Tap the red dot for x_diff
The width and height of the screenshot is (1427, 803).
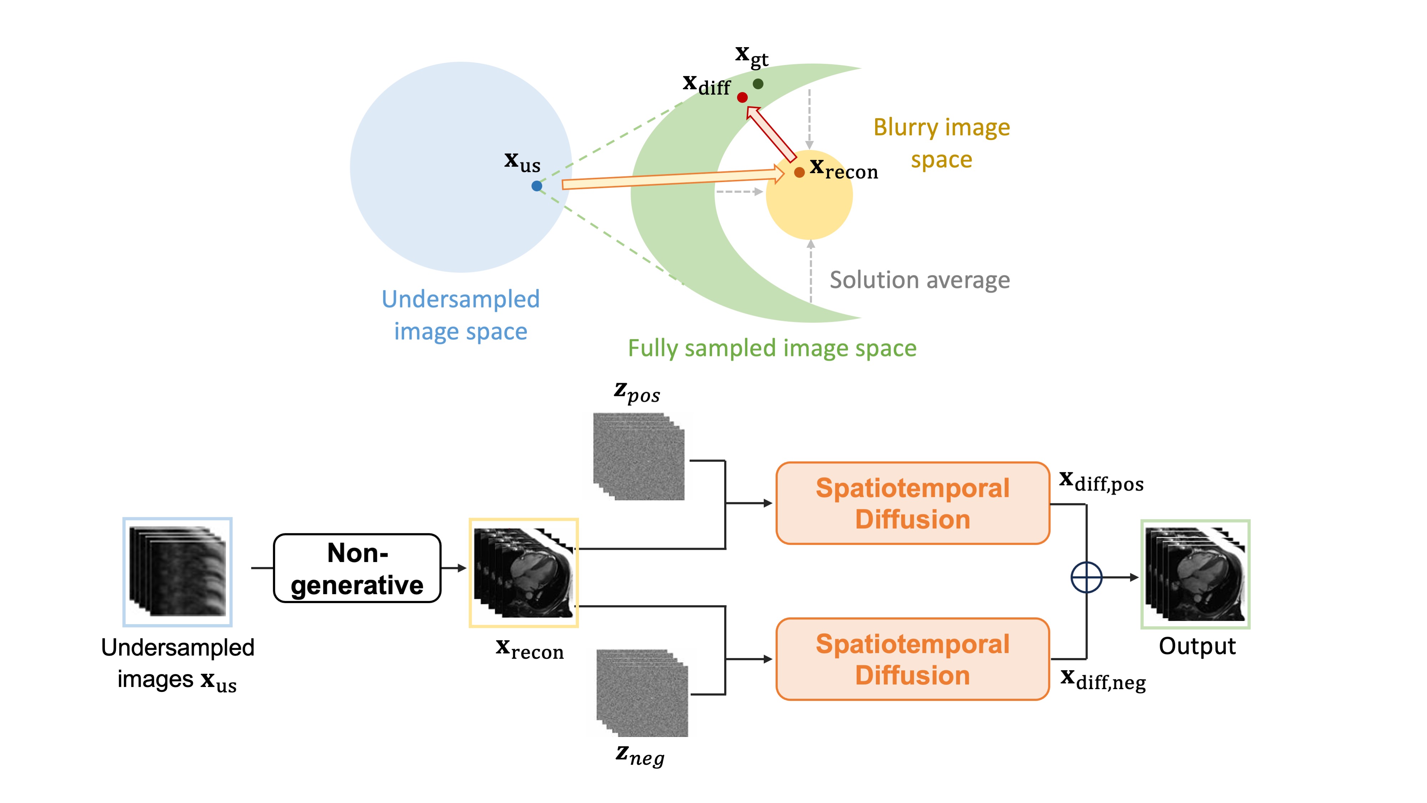coord(742,97)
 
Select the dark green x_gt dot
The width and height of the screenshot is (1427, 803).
coord(758,84)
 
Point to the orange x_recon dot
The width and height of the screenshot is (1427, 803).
coord(799,172)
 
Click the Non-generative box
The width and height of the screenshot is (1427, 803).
coord(357,568)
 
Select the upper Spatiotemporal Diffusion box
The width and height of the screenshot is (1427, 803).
coord(912,503)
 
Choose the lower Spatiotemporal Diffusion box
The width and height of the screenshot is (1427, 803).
coord(912,659)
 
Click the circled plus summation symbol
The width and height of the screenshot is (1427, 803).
coord(1086,577)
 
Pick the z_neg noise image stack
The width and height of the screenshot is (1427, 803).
coord(642,693)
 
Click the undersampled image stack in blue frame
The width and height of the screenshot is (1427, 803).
coord(177,572)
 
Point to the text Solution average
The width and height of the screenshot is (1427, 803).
coord(919,280)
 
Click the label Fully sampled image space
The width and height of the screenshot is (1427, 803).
coord(772,348)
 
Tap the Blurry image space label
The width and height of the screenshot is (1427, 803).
coord(942,143)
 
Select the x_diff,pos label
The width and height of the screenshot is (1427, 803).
coord(1101,481)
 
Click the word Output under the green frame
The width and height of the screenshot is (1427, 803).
coord(1197,646)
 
